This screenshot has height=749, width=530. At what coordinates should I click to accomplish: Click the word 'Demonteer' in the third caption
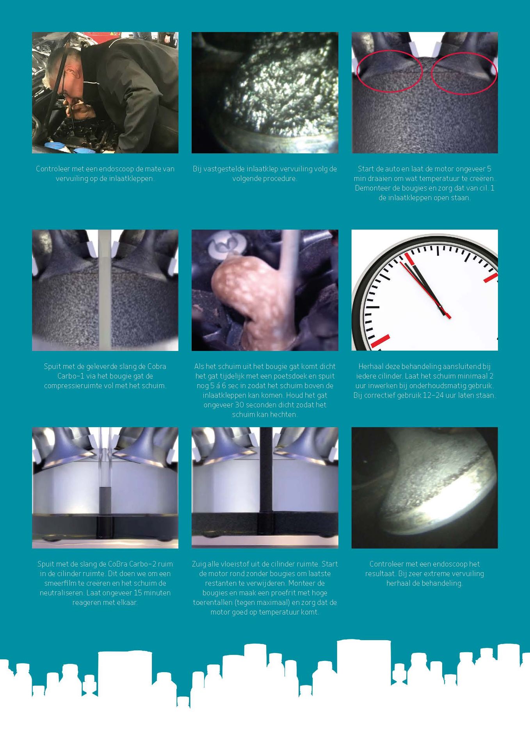coord(371,188)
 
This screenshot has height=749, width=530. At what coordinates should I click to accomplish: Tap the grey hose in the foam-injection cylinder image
coord(105,289)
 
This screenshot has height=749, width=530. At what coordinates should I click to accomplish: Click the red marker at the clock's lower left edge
coord(380,341)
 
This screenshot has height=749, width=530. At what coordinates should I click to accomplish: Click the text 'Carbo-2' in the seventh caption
coord(144,564)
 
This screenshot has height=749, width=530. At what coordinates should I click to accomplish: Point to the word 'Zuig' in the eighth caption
coord(199,564)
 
